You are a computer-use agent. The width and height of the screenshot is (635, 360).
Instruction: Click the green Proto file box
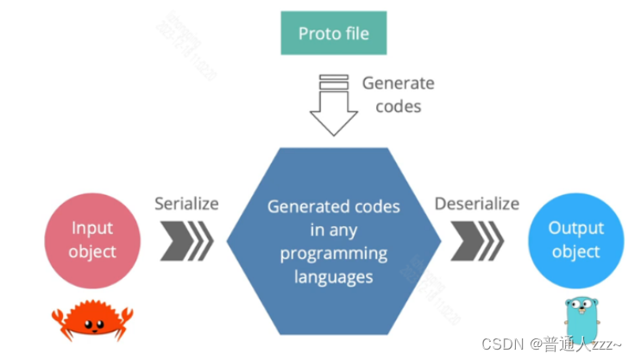coord(333,34)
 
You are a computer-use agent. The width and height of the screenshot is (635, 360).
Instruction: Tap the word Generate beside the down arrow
coord(398,84)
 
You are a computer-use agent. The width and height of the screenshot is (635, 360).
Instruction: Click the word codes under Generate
coord(399,106)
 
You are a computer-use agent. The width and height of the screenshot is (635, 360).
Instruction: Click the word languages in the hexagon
coord(332,278)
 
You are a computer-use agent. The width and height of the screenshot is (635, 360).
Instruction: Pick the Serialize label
coord(186,204)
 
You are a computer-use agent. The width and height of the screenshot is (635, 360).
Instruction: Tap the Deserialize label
coord(476,204)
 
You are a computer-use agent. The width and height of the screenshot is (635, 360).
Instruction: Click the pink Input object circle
coord(92,239)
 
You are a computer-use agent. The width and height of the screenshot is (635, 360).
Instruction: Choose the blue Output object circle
coord(575,239)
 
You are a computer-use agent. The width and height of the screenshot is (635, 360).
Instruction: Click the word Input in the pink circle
coord(92,229)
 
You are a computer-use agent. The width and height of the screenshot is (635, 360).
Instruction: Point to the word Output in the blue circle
coord(575,229)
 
